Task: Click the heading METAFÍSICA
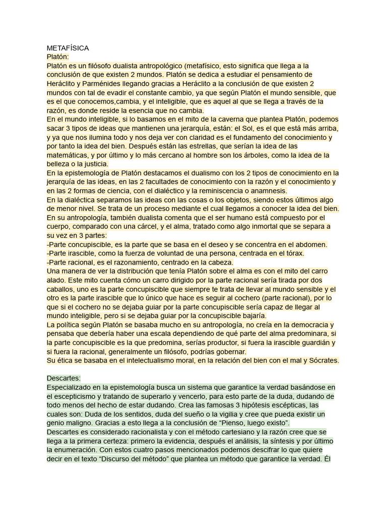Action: tap(68, 48)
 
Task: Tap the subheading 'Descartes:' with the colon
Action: tap(63, 378)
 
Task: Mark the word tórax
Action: tap(293, 253)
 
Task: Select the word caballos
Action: tap(62, 289)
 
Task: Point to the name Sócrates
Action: tap(320, 360)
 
